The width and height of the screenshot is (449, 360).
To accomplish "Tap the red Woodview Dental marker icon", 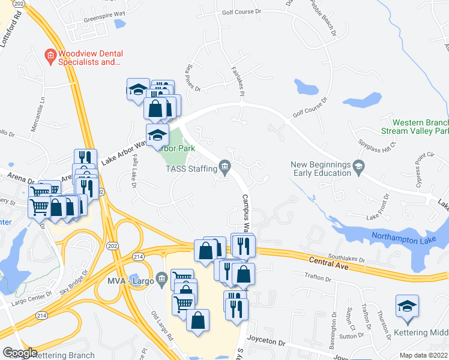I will click(x=50, y=56).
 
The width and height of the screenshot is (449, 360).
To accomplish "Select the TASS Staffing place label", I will click(x=191, y=168).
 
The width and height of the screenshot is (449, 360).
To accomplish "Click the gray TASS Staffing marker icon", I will click(x=225, y=166).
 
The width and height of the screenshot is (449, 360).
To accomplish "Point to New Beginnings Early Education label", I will click(x=320, y=169).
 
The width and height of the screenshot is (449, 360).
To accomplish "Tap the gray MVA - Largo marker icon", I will click(x=161, y=278).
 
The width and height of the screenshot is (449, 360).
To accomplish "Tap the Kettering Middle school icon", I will click(x=407, y=307).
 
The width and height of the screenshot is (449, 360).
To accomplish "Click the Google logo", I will click(x=20, y=352).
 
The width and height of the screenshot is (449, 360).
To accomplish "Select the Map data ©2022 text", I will click(x=424, y=355).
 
